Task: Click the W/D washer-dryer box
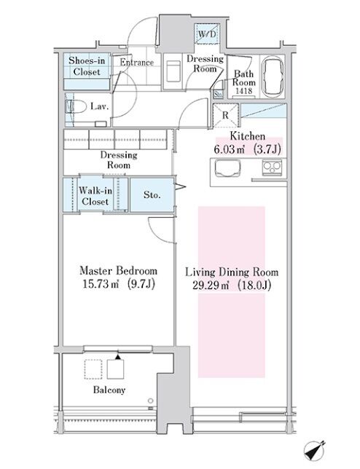click(207, 33)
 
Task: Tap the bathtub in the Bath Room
click(273, 76)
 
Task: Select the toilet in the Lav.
click(74, 107)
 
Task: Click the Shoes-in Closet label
click(87, 66)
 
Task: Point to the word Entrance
click(137, 63)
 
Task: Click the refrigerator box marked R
click(226, 116)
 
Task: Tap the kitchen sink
click(227, 167)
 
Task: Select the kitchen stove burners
click(272, 167)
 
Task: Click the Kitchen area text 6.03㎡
click(229, 149)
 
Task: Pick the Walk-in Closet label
click(95, 196)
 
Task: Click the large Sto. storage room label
click(152, 195)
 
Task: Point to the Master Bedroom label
click(119, 271)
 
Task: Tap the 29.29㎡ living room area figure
click(211, 285)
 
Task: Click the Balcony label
click(109, 390)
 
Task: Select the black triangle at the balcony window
click(118, 357)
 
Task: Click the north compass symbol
click(314, 451)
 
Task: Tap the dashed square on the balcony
click(93, 369)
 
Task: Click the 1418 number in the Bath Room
click(243, 91)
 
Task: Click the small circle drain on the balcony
click(150, 401)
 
